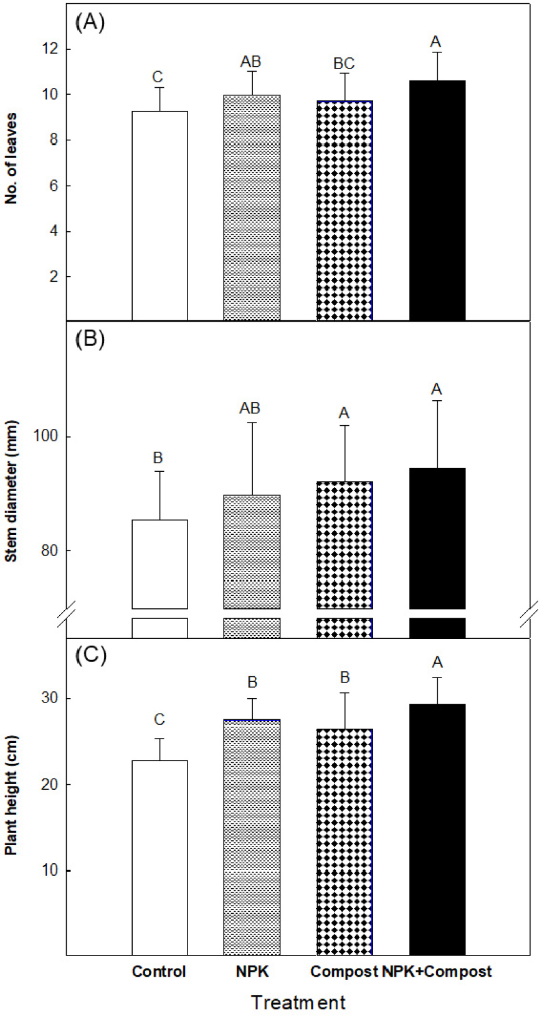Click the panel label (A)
tap(90, 22)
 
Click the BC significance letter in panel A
tap(344, 64)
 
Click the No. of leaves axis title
tap(11, 158)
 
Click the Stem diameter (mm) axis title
tap(11, 492)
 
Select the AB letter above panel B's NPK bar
tap(250, 408)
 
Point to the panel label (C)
tap(90, 656)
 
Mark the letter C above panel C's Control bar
tap(159, 719)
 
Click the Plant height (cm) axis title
tap(11, 795)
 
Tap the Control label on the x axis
tap(159, 971)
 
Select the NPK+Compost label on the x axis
tap(437, 971)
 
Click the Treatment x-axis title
tap(298, 1002)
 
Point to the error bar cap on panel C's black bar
tap(437, 678)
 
